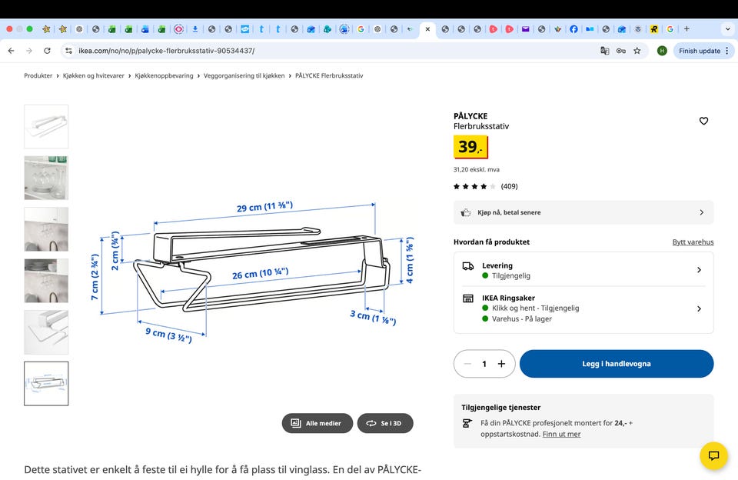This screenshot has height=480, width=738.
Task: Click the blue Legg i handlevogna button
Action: [616, 364]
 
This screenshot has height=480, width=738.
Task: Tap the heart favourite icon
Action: [703, 121]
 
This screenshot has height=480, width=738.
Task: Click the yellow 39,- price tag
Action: [470, 147]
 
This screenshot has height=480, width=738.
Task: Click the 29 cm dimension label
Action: [264, 207]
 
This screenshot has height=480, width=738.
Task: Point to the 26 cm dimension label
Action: [261, 273]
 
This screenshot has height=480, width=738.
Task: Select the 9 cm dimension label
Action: [168, 335]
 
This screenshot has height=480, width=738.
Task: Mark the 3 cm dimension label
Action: [373, 317]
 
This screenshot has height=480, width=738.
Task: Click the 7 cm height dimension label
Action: [95, 277]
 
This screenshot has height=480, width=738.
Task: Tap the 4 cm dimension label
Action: [410, 260]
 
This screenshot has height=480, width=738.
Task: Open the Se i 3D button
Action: [385, 423]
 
